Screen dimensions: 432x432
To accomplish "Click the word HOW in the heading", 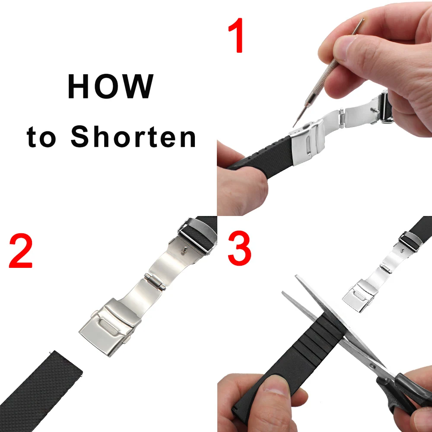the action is [110, 86].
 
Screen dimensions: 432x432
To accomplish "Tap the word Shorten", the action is [133, 137].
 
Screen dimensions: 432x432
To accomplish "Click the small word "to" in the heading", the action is [41, 137].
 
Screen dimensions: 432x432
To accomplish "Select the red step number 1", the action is [236, 35].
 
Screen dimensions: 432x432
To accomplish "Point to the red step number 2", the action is [21, 251].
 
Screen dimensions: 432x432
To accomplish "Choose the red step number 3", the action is [239, 248].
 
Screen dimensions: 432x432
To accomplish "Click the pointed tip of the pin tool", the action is [293, 127].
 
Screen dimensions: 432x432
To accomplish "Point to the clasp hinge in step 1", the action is [342, 118].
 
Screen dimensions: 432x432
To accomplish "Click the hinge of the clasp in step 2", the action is [155, 282].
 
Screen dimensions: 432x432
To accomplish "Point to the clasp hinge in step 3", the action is [386, 268].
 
